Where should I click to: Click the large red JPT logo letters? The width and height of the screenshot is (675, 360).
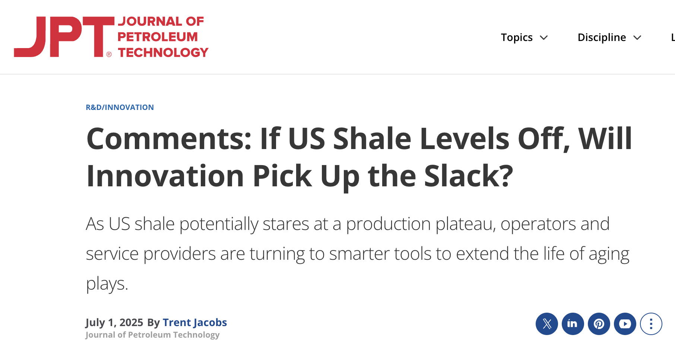click(64, 37)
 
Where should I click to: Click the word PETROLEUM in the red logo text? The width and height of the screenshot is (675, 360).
click(158, 37)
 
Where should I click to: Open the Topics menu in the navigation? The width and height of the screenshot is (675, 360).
click(517, 37)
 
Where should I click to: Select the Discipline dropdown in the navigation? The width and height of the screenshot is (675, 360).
click(602, 37)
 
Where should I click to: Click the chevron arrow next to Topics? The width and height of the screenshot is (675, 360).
click(544, 38)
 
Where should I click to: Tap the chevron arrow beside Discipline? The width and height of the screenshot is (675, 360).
click(637, 38)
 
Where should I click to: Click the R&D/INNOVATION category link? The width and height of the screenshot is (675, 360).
click(120, 107)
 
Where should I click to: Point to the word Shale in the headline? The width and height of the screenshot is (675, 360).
click(372, 139)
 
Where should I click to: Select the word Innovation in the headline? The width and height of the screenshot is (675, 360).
click(165, 176)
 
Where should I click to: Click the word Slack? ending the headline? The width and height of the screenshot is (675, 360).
click(469, 176)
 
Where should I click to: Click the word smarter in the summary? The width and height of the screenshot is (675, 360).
click(359, 254)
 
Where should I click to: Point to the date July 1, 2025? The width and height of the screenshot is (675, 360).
click(114, 322)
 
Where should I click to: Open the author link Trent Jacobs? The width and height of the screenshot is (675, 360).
click(195, 322)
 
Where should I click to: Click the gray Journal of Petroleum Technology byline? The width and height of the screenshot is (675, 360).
click(152, 335)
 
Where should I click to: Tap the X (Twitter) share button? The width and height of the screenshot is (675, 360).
click(547, 324)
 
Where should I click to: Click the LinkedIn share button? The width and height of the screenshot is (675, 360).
click(573, 324)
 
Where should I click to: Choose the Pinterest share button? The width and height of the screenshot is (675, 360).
click(599, 324)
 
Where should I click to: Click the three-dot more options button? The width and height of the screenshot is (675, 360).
click(651, 324)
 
